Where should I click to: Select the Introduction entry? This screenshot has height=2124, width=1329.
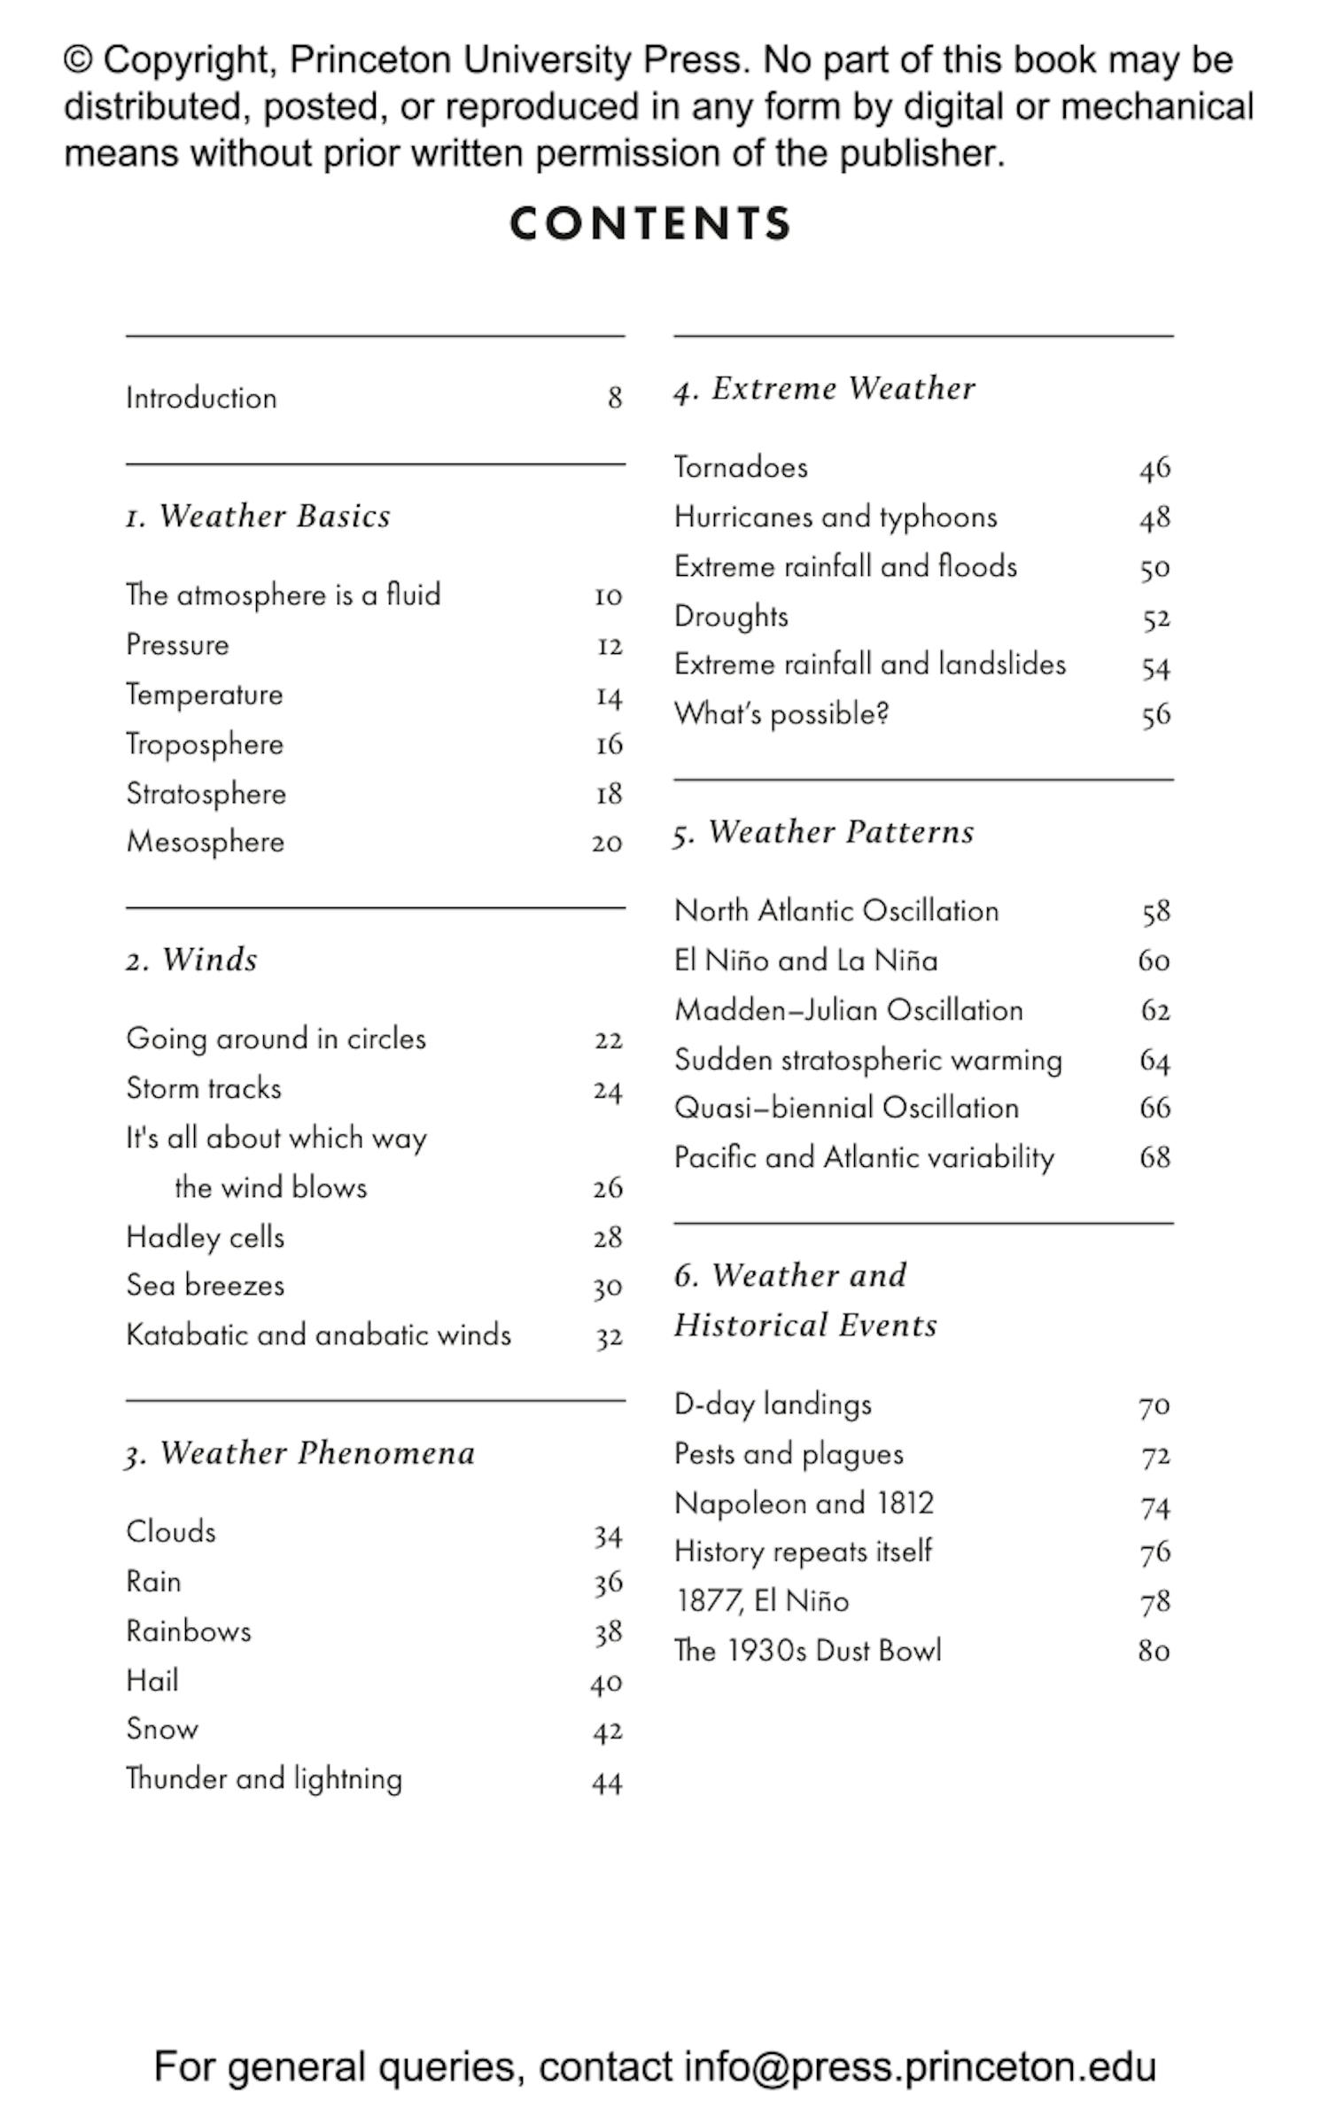pyautogui.click(x=201, y=398)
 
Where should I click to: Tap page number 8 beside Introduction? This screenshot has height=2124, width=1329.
pyautogui.click(x=614, y=398)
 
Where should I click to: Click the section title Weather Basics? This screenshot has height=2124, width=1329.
pyautogui.click(x=274, y=516)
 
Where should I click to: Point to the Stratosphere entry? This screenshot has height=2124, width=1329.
pyautogui.click(x=206, y=793)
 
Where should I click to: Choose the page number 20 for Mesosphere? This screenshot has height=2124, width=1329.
pyautogui.click(x=607, y=843)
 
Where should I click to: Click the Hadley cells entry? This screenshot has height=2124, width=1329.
pyautogui.click(x=205, y=1237)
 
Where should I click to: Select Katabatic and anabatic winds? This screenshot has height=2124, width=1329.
pyautogui.click(x=318, y=1334)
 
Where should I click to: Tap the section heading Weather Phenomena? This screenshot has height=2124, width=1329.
pyautogui.click(x=316, y=1453)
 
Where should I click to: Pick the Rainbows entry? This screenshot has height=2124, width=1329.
pyautogui.click(x=188, y=1631)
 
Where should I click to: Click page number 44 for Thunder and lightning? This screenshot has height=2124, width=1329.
pyautogui.click(x=607, y=1781)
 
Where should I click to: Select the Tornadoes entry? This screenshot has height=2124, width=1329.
pyautogui.click(x=741, y=467)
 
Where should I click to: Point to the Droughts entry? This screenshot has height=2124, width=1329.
pyautogui.click(x=731, y=616)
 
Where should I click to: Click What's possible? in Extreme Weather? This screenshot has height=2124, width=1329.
pyautogui.click(x=781, y=714)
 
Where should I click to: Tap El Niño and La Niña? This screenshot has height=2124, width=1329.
pyautogui.click(x=805, y=961)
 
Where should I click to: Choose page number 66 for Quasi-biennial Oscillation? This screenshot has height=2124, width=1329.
pyautogui.click(x=1154, y=1108)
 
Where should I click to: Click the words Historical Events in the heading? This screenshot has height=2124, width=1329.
pyautogui.click(x=804, y=1326)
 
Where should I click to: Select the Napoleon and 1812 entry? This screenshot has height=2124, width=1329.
pyautogui.click(x=804, y=1503)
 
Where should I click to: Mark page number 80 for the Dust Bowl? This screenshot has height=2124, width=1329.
pyautogui.click(x=1154, y=1651)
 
